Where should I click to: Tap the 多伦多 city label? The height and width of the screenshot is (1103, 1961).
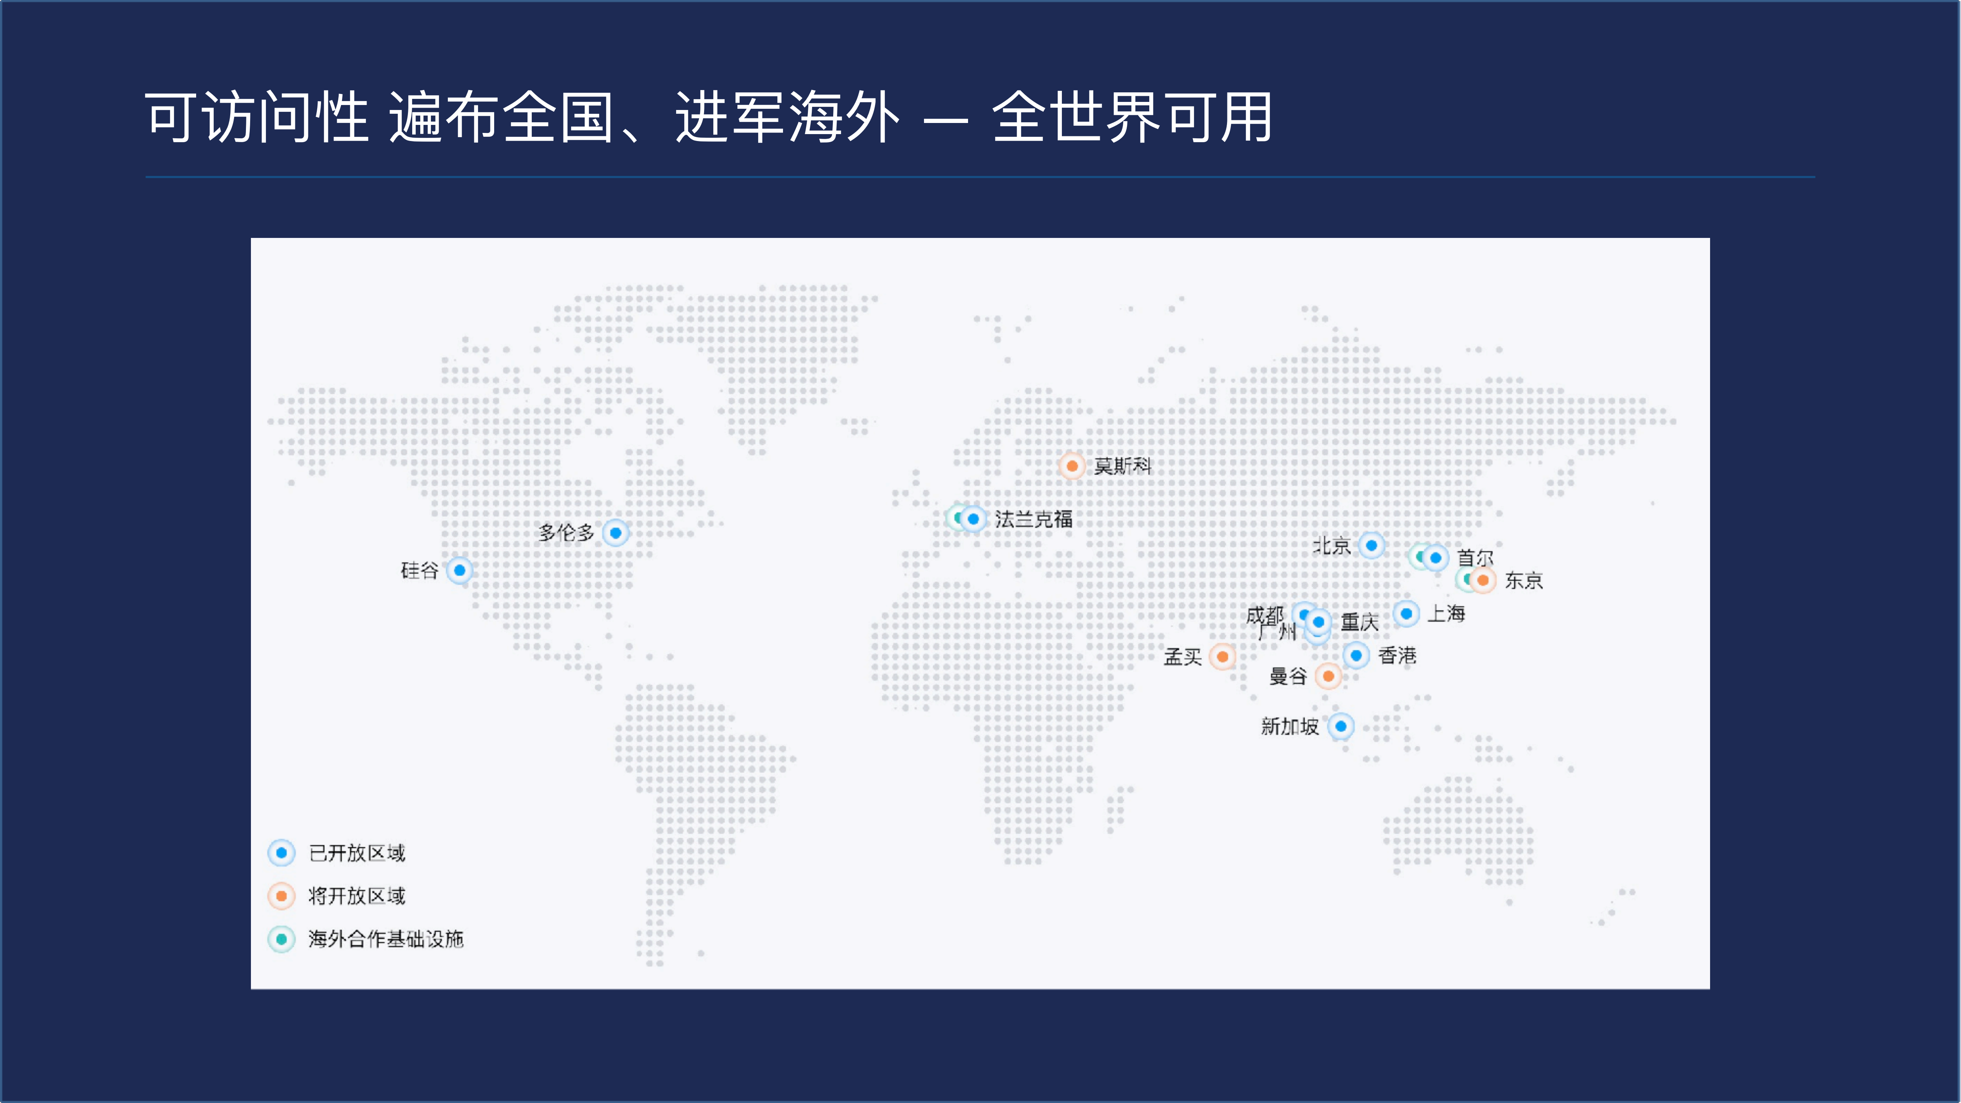tap(565, 533)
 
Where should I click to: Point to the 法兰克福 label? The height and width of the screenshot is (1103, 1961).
tap(1033, 519)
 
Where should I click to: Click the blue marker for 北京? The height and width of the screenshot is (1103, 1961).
tap(1371, 545)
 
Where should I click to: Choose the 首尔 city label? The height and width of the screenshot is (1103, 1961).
tap(1474, 557)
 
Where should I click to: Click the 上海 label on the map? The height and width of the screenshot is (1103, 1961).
tap(1446, 613)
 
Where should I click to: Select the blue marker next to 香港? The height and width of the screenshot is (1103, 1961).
tap(1356, 655)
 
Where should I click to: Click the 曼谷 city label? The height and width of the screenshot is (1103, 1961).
tap(1287, 676)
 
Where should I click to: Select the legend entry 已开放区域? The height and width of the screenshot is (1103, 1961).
tap(356, 852)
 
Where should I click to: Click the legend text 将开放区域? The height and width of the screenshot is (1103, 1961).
tap(356, 896)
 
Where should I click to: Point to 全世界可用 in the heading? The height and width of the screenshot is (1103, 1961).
tap(1132, 118)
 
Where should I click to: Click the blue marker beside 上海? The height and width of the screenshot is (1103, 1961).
tap(1406, 613)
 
